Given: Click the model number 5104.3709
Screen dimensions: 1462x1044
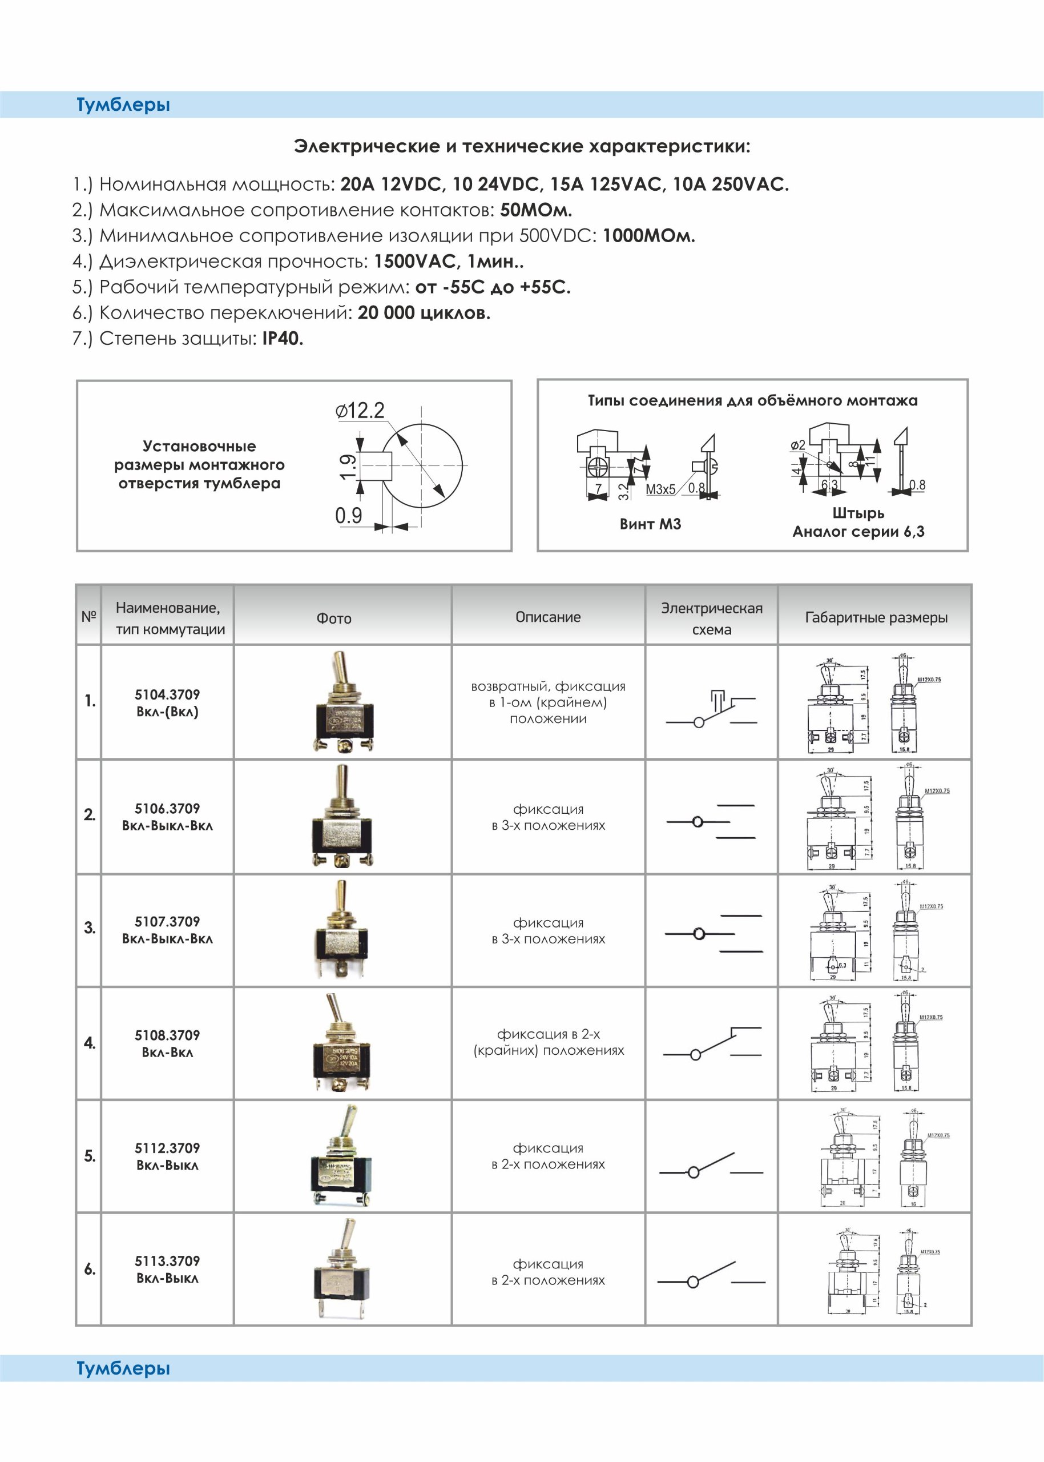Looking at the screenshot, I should pyautogui.click(x=167, y=694).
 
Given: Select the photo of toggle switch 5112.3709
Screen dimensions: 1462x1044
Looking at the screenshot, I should pyautogui.click(x=341, y=1155).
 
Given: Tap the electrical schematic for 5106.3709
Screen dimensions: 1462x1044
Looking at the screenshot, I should pyautogui.click(x=711, y=821).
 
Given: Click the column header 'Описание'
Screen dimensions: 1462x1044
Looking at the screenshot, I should pyautogui.click(x=548, y=617).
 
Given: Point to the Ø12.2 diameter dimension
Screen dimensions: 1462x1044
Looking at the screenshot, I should pyautogui.click(x=360, y=411).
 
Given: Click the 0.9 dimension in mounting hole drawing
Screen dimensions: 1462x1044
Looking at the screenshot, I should pyautogui.click(x=348, y=515).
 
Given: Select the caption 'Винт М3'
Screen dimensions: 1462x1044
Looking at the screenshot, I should pyautogui.click(x=650, y=524).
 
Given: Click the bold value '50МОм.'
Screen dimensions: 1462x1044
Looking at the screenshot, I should pyautogui.click(x=535, y=210).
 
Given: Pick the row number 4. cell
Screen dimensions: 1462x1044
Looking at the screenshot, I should pyautogui.click(x=90, y=1043).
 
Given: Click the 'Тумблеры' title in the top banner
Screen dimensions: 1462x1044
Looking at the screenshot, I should pyautogui.click(x=123, y=105).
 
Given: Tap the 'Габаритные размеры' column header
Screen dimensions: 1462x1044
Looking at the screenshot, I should pyautogui.click(x=876, y=617).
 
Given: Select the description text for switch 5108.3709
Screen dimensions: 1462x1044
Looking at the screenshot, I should pyautogui.click(x=549, y=1042).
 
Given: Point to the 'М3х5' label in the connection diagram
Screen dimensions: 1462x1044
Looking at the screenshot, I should pyautogui.click(x=660, y=489).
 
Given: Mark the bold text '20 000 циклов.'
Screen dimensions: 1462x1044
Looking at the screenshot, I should pyautogui.click(x=424, y=313).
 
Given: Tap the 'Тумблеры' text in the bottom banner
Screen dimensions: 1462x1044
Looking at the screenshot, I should pyautogui.click(x=123, y=1368).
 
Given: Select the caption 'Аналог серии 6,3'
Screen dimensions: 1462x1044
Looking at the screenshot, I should pyautogui.click(x=858, y=531).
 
